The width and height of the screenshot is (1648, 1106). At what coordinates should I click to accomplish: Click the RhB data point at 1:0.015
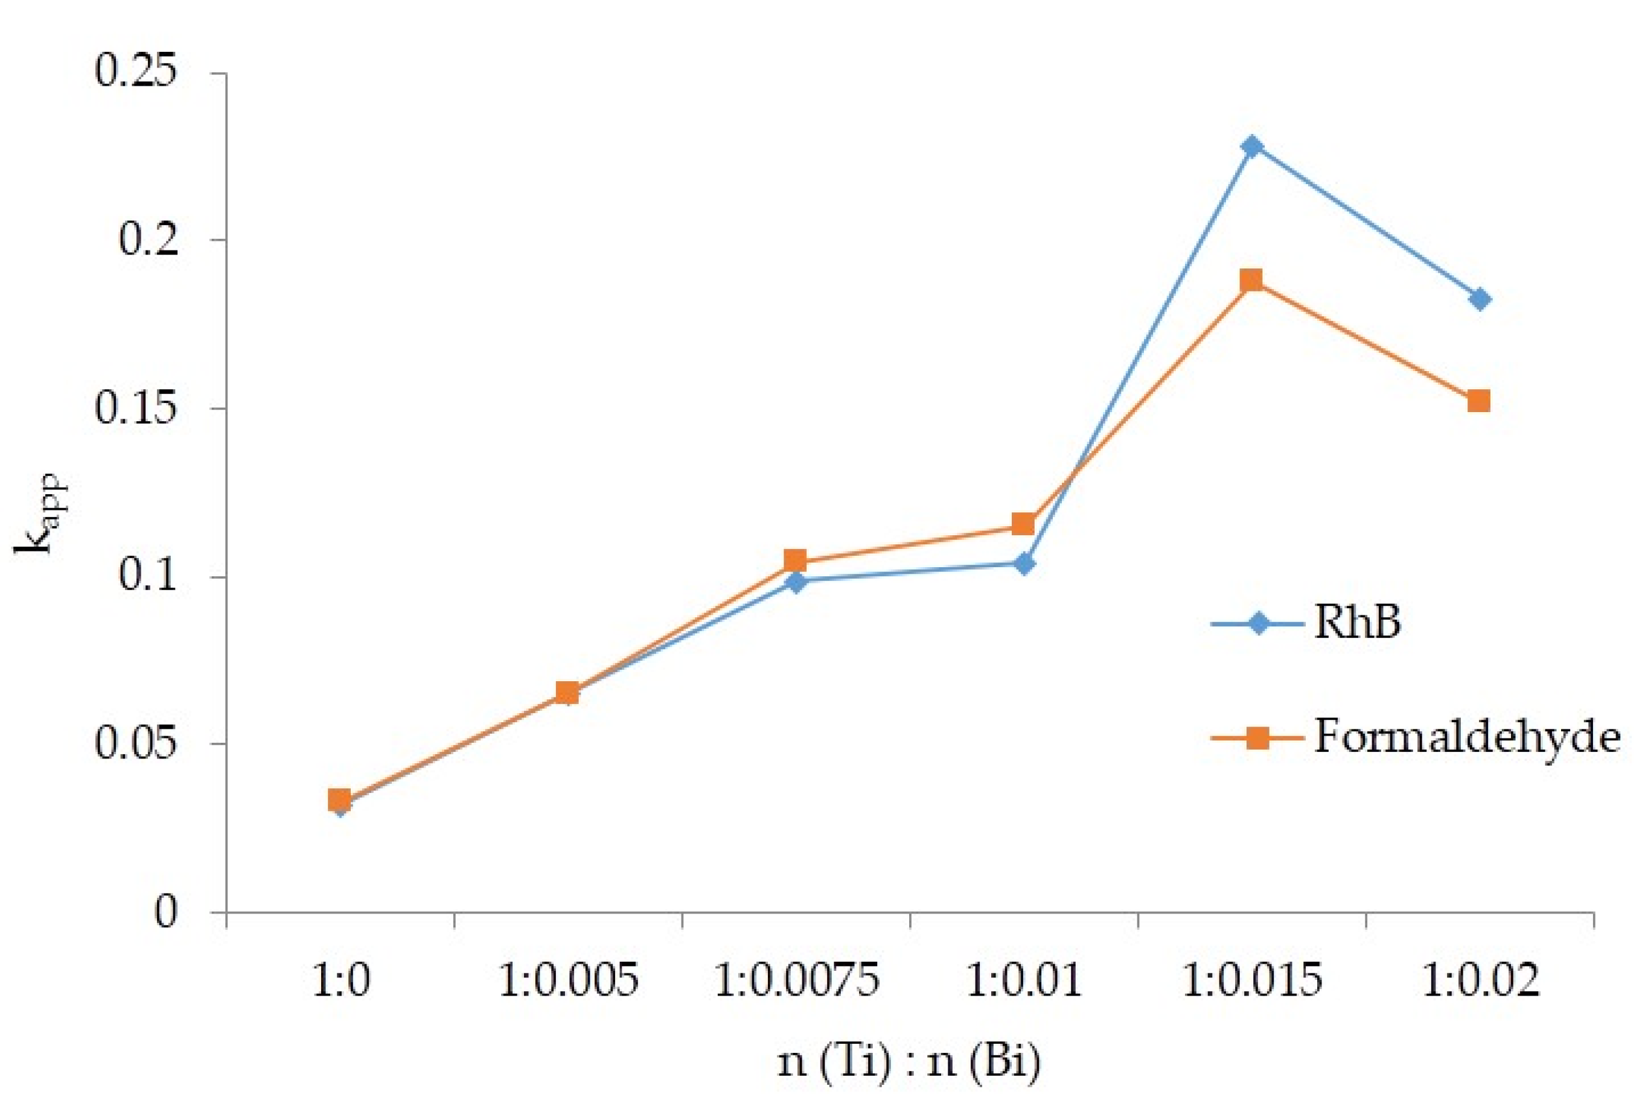pos(1252,147)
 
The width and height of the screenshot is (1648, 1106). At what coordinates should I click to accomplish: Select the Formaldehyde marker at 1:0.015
pos(1252,280)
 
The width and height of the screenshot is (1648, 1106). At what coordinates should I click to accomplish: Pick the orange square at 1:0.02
pos(1480,401)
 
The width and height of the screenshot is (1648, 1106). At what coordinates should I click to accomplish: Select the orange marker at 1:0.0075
pos(796,561)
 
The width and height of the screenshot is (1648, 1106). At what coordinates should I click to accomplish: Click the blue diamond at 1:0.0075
pos(796,582)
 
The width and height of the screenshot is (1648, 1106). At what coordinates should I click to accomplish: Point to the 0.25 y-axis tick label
pos(134,72)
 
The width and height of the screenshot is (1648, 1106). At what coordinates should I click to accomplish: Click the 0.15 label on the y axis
pos(134,408)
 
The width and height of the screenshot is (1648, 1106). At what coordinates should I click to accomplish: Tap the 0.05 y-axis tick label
pos(134,743)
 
